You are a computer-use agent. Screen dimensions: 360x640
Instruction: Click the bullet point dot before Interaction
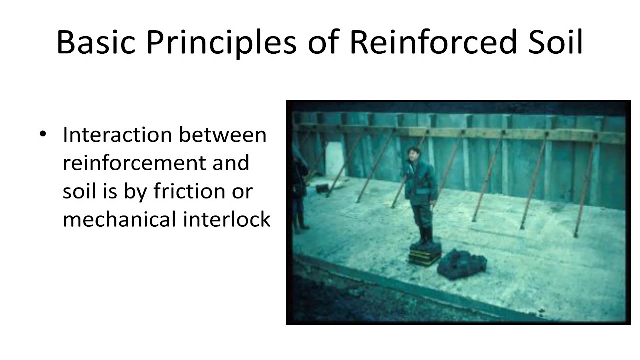click(44, 135)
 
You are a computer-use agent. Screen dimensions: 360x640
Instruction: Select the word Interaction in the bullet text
click(117, 135)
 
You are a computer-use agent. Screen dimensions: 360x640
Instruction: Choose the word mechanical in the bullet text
click(118, 219)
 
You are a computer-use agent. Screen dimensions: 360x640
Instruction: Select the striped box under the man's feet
click(424, 255)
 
